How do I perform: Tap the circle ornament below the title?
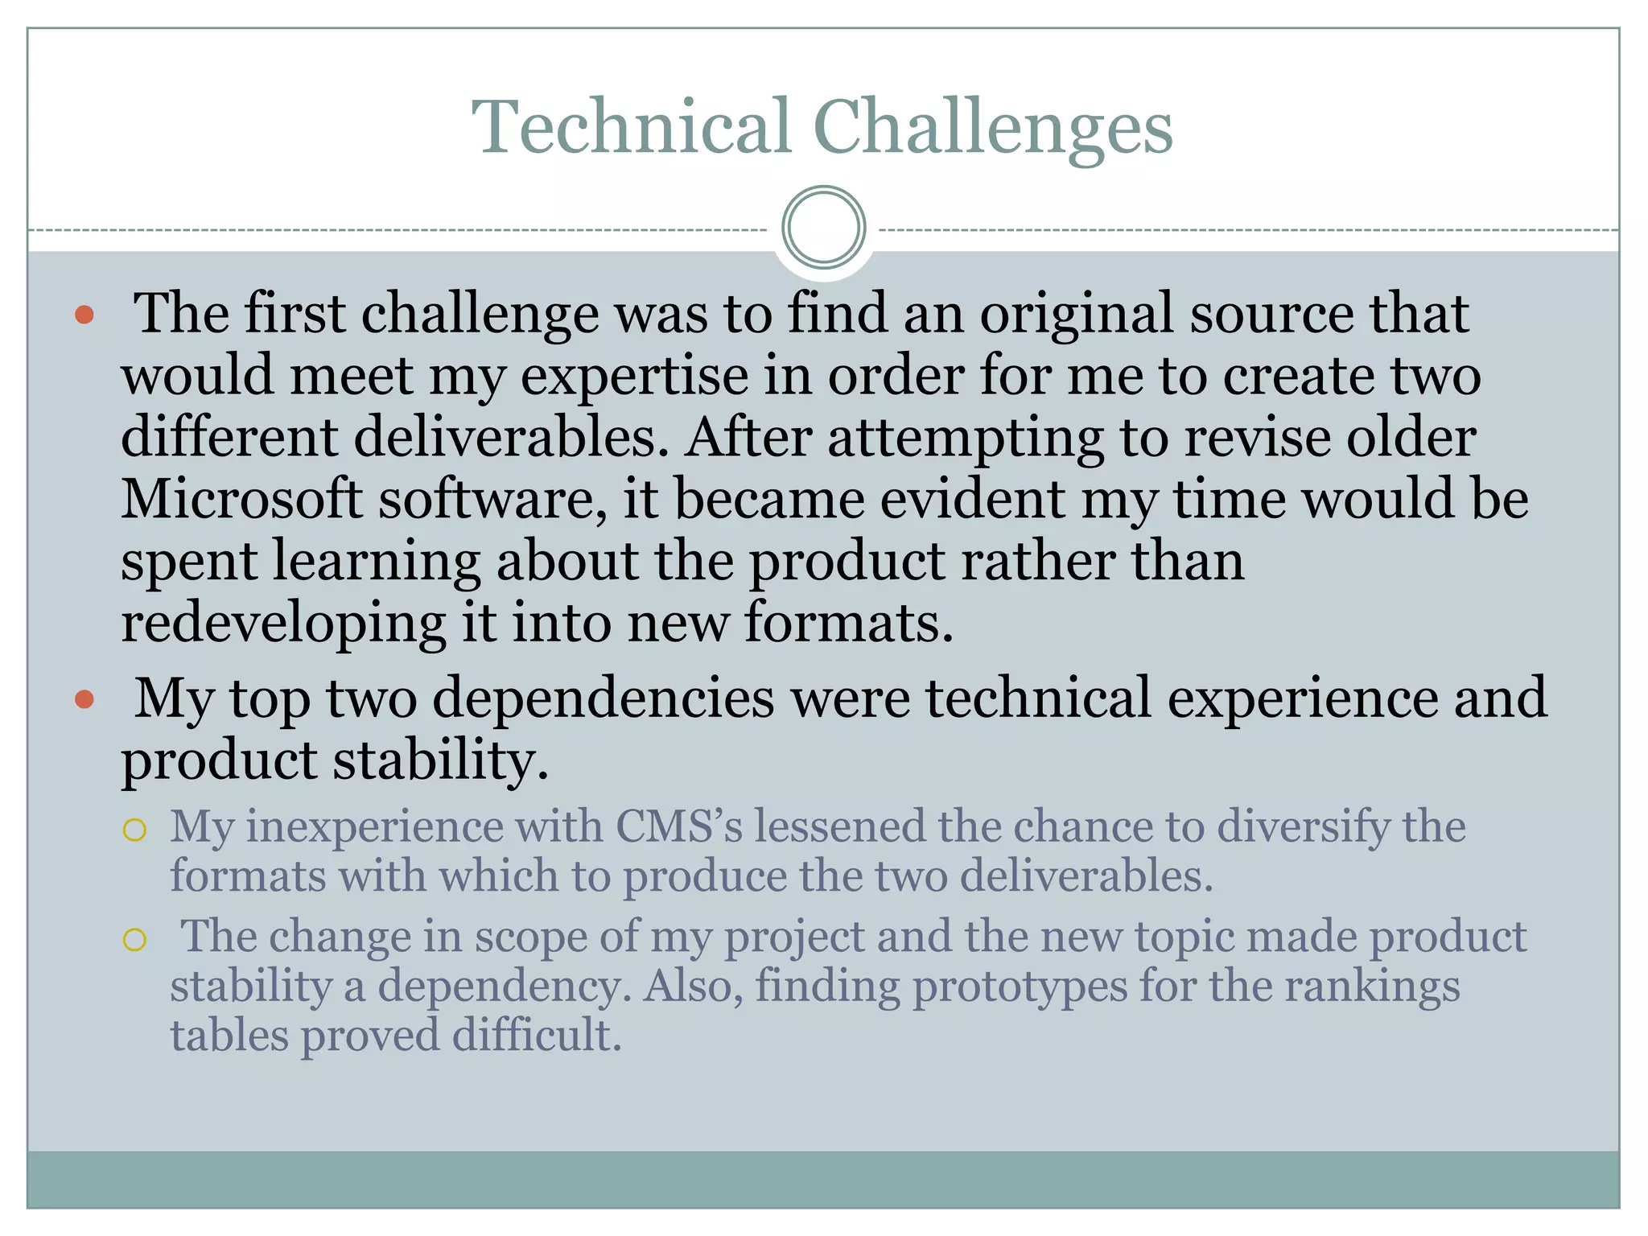click(x=823, y=228)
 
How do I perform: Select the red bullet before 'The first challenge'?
click(x=84, y=315)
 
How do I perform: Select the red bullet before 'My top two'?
click(x=84, y=699)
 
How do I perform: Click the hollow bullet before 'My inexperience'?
click(x=134, y=830)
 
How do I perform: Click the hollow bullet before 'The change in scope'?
click(x=134, y=939)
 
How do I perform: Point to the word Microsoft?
click(x=241, y=499)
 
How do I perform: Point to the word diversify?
click(x=1303, y=827)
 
